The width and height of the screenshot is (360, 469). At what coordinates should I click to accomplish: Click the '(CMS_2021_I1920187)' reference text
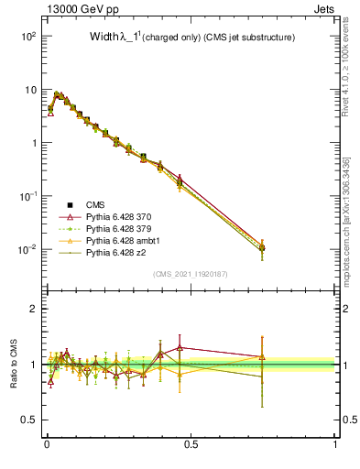pyautogui.click(x=191, y=274)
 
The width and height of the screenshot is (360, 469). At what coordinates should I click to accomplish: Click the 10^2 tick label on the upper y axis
pyautogui.click(x=28, y=36)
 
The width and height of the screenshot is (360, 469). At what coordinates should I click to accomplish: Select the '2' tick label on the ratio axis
pyautogui.click(x=34, y=309)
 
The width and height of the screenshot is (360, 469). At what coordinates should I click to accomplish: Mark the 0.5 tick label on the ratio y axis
pyautogui.click(x=29, y=420)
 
